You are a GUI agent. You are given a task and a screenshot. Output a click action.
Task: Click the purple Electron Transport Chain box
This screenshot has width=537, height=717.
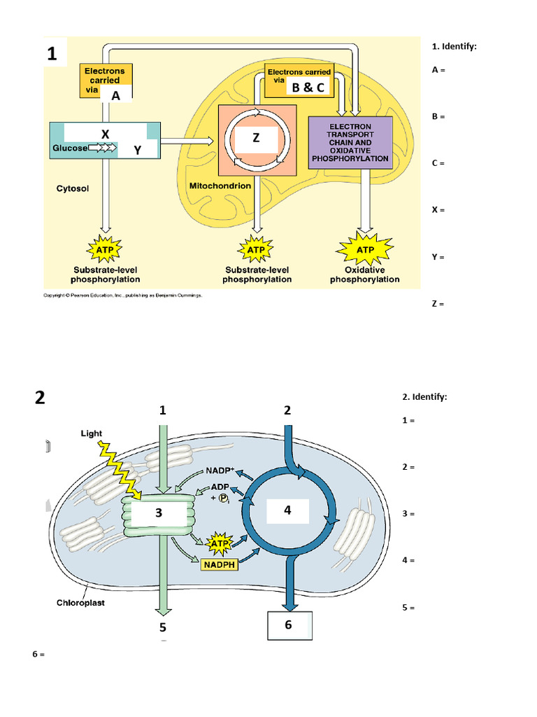350,143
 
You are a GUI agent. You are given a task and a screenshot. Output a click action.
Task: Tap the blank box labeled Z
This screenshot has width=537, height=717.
256,139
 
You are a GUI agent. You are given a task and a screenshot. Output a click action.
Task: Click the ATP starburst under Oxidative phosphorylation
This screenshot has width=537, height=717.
365,250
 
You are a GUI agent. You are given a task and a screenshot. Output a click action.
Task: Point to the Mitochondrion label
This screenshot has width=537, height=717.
220,186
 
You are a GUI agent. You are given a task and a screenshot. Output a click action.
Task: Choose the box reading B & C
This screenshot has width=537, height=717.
308,88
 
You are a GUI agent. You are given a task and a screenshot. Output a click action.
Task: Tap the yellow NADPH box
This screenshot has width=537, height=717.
220,564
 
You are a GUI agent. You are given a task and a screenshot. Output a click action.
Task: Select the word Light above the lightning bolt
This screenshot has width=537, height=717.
92,433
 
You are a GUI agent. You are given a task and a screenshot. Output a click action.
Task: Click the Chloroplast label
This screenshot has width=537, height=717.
80,602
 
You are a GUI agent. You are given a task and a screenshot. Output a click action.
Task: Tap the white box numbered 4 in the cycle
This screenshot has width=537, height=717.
287,512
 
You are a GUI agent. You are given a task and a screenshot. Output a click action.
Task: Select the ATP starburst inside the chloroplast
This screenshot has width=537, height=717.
220,543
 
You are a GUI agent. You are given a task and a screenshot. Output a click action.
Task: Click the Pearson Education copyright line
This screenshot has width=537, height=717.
122,295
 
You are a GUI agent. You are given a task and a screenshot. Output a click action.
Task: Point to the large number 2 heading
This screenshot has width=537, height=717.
40,398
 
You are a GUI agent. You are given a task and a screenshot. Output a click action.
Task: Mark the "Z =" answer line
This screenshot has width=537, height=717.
438,304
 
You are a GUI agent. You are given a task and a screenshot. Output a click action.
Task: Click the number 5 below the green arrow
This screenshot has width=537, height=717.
162,627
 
